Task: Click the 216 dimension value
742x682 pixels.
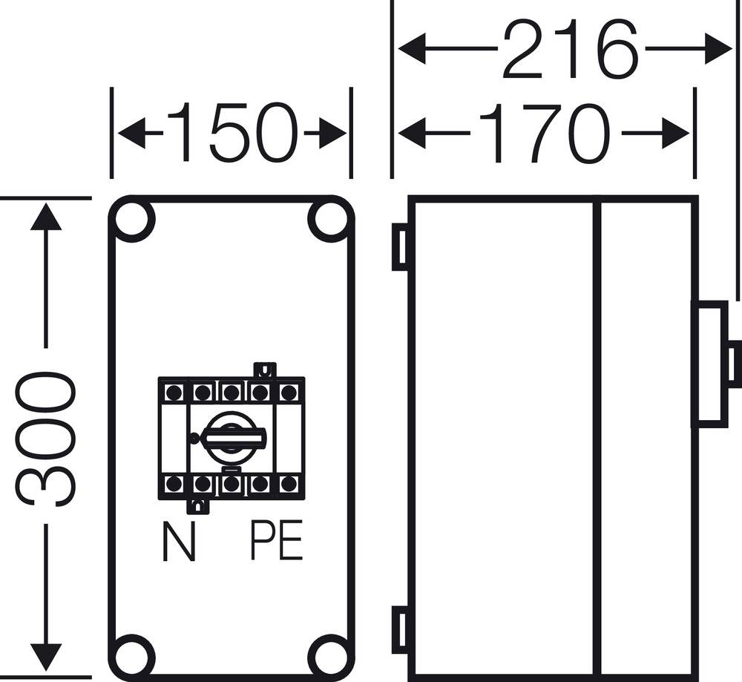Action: (x=570, y=50)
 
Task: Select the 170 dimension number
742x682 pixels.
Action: (x=545, y=134)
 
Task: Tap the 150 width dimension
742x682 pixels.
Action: (x=232, y=134)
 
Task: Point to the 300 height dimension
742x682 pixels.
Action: (x=47, y=438)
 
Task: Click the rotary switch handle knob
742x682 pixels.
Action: (x=232, y=438)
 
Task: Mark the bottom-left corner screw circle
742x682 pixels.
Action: (x=134, y=655)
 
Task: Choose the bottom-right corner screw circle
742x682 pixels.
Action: (x=329, y=655)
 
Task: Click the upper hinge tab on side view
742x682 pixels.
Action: (x=400, y=247)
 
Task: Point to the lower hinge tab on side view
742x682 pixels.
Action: (x=400, y=629)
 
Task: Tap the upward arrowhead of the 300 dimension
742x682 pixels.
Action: (x=46, y=217)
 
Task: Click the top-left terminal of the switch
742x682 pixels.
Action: (x=174, y=392)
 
